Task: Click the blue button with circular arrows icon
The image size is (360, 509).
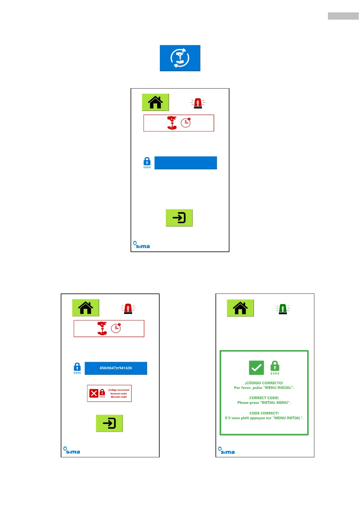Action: point(180,58)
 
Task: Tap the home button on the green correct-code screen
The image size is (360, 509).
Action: point(240,308)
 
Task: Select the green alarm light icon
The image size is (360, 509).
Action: point(283,309)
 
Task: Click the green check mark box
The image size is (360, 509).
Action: point(256,368)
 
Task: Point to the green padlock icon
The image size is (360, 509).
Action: point(275,367)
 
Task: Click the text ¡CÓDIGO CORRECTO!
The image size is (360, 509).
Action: point(264,383)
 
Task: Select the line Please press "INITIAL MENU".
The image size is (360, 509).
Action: point(264,403)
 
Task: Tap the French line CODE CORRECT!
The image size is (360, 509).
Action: point(264,413)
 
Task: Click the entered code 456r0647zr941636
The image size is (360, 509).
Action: point(116,368)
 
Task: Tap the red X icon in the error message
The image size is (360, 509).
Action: point(94,393)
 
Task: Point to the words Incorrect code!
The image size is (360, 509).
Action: point(119,394)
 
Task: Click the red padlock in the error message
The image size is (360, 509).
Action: point(102,393)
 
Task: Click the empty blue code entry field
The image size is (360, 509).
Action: point(186,163)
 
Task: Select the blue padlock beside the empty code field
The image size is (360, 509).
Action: point(147,162)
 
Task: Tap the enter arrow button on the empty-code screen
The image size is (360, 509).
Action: point(179,218)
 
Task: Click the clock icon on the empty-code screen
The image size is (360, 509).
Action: point(186,122)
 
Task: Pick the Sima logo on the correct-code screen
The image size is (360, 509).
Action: point(226,451)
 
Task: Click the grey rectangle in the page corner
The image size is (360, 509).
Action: point(343,16)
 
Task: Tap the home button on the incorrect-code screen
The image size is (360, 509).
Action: point(86,308)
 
